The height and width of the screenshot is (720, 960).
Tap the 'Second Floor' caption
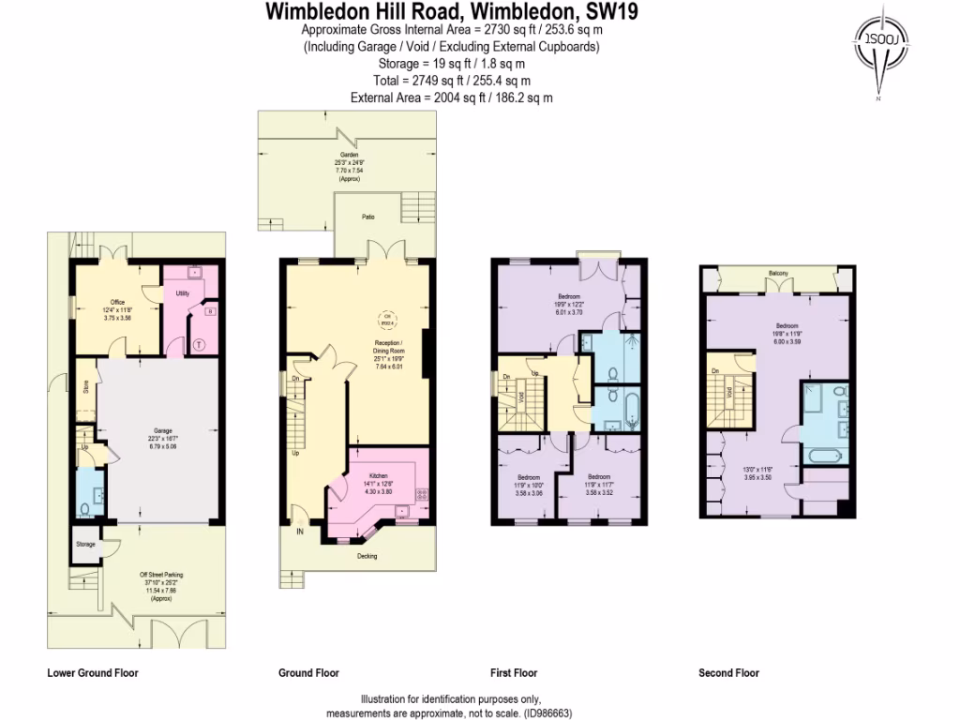728,673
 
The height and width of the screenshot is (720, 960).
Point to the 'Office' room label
117,302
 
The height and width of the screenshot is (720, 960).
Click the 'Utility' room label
183,293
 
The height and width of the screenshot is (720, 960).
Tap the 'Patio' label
369,217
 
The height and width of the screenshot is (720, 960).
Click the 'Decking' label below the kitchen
367,556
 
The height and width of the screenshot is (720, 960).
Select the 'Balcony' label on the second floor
778,274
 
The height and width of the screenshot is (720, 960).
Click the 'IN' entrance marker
300,532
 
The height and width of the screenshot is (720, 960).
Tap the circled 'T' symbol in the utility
198,344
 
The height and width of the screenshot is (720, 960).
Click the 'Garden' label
348,155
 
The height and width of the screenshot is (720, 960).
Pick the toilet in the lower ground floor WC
85,508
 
